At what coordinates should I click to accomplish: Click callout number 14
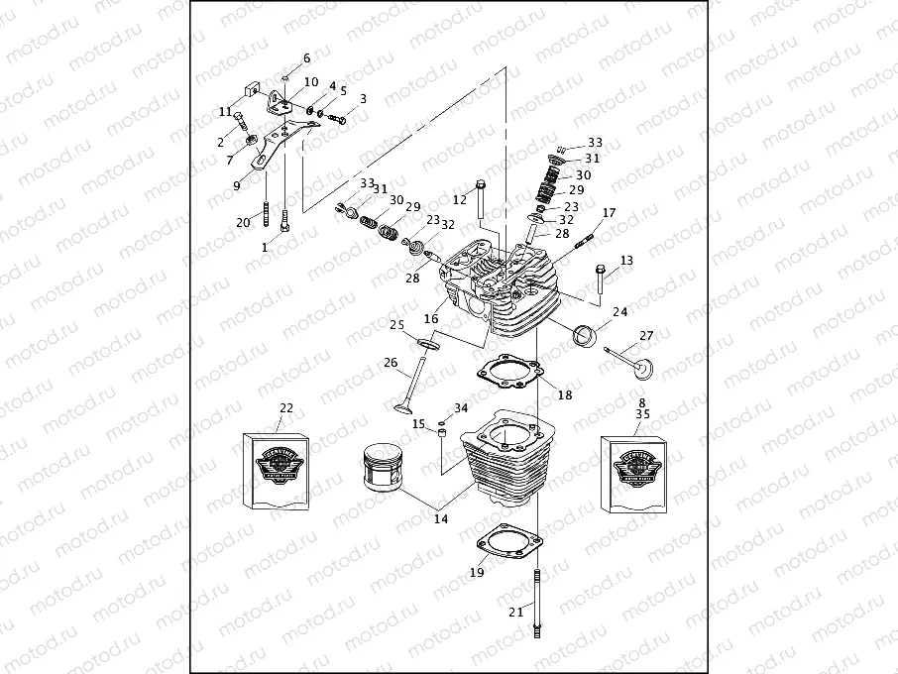point(440,517)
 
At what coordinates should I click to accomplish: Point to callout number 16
point(431,319)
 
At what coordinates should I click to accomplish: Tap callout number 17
point(609,213)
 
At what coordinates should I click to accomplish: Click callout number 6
point(306,58)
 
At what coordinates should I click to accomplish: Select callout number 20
point(243,223)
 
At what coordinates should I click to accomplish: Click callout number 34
point(461,408)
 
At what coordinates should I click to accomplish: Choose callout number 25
point(396,325)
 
